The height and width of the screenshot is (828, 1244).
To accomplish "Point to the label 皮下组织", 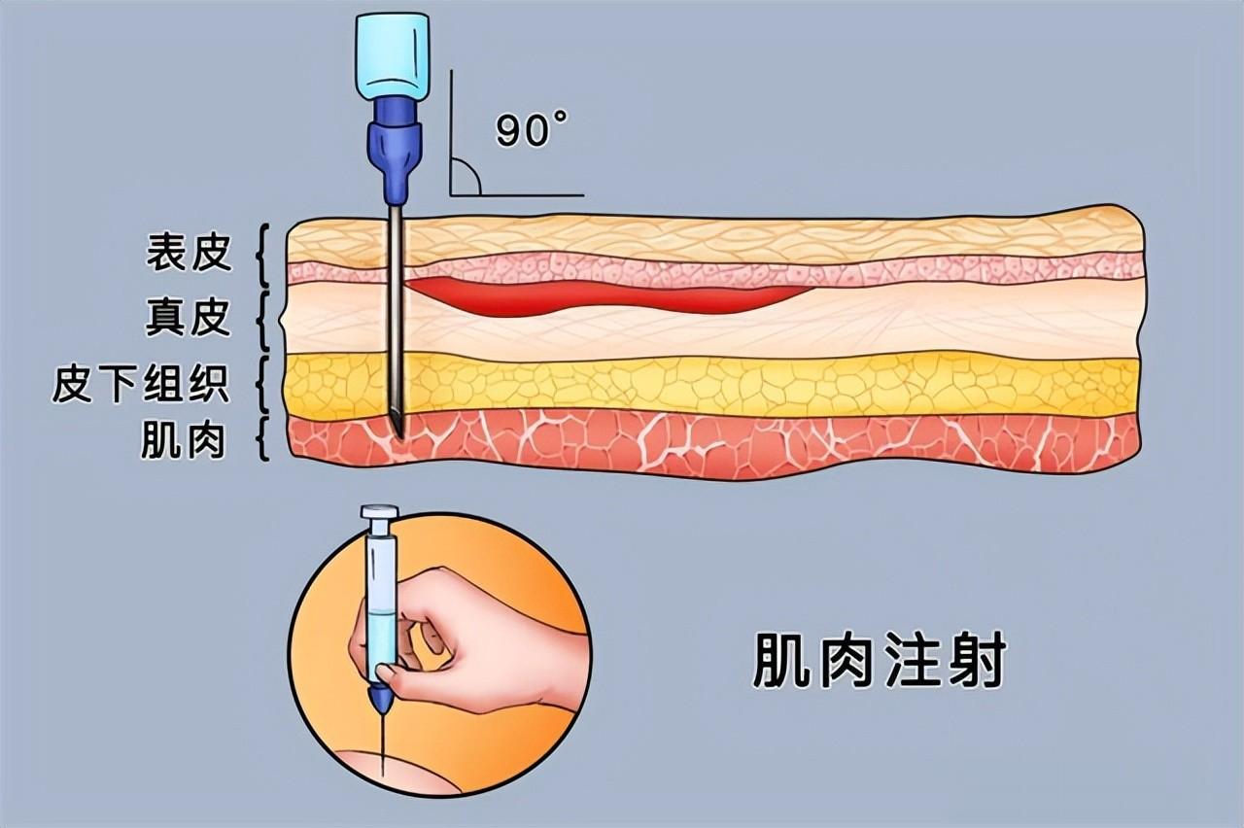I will pos(141,385).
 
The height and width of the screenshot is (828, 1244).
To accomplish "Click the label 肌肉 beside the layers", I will pos(184,441).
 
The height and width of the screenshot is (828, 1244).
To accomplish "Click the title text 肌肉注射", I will pos(879,663).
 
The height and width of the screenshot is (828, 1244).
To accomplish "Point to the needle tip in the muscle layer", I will pos(398,428).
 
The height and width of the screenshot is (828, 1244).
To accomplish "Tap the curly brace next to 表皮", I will pos(259,255).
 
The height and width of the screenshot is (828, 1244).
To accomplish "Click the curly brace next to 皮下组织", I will pos(261,386).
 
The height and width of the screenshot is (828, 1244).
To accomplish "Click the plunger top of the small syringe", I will pos(379,512).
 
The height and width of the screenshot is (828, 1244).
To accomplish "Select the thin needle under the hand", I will pos(383,743).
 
